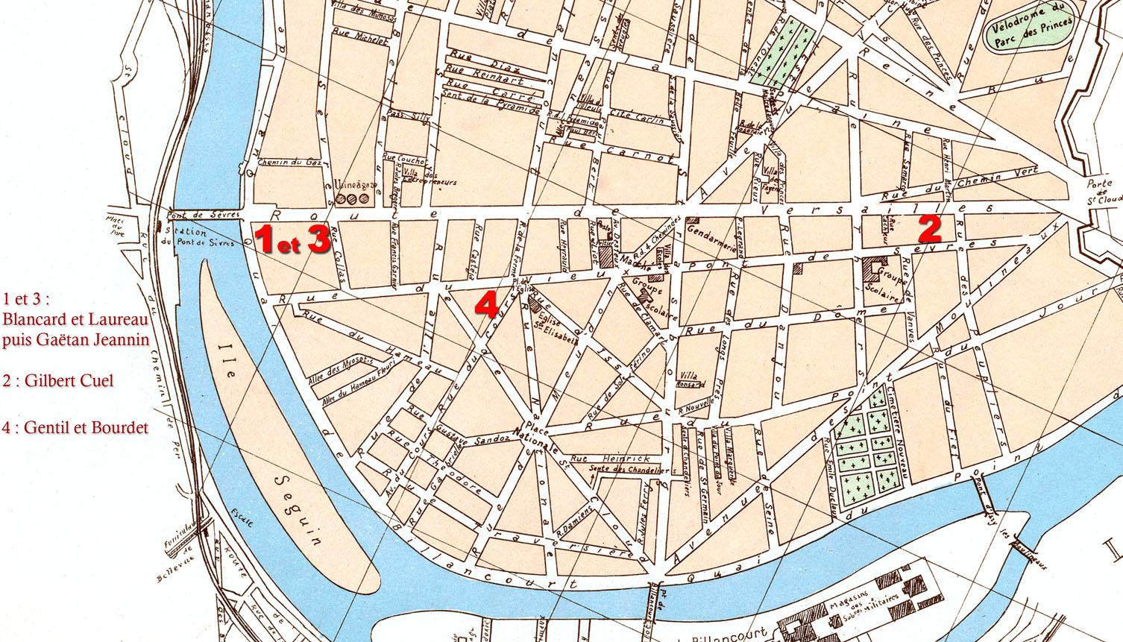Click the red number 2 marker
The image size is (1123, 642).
[929, 229]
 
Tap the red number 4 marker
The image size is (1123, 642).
[487, 305]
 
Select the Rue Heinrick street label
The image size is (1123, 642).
[609, 459]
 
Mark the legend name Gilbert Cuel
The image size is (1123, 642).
[69, 381]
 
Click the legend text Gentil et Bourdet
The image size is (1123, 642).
[86, 428]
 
